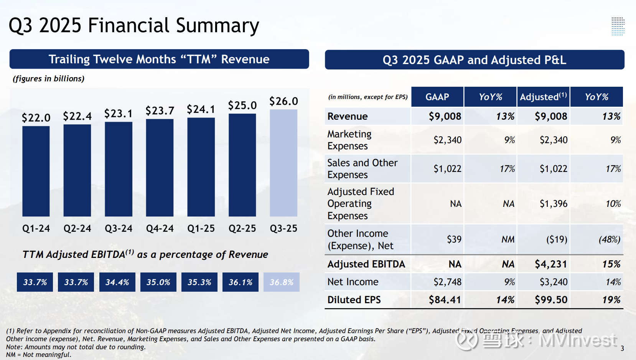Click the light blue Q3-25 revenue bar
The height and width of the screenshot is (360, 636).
point(283,163)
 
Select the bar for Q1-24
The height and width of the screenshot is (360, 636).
point(36,171)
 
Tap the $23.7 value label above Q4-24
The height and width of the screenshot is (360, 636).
point(160,110)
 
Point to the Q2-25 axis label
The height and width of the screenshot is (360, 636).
point(242,228)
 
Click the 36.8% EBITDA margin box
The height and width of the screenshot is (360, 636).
point(282,282)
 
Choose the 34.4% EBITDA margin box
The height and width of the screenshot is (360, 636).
point(117,282)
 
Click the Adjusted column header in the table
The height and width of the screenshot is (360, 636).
point(543,97)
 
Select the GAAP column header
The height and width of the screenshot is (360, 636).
point(437,97)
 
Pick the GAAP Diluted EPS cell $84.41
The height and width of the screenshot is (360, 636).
point(445,300)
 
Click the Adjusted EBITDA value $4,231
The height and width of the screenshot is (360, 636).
point(551,264)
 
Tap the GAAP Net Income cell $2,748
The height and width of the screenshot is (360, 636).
point(447,282)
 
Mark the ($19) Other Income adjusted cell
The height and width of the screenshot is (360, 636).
point(557,239)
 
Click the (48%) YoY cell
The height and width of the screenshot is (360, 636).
point(609,239)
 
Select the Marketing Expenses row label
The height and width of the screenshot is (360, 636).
point(349,140)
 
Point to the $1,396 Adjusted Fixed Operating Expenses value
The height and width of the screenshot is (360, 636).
point(554,204)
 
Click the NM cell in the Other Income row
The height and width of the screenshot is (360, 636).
point(507,239)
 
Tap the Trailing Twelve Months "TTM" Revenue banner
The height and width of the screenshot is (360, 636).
point(159,59)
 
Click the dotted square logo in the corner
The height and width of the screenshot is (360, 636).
point(618,26)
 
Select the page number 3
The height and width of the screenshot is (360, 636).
point(622,348)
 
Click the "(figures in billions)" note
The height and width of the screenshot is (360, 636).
point(49,79)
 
